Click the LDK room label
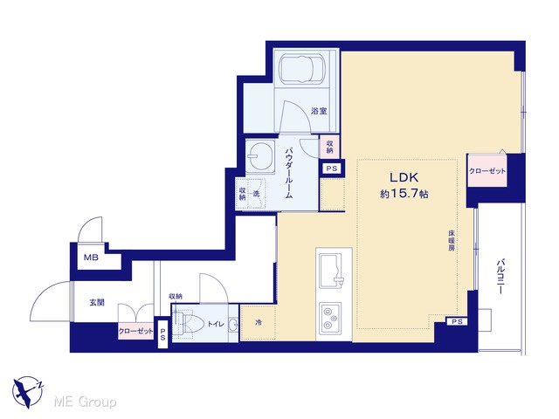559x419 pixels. (404, 177)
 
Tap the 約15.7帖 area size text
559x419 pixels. (404, 194)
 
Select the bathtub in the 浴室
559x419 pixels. (302, 68)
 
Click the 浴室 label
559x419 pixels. (319, 111)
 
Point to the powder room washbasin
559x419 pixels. (260, 155)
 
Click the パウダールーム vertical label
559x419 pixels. (288, 173)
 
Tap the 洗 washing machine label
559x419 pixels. (256, 194)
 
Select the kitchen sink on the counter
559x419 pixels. (331, 271)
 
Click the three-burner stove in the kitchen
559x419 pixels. (330, 318)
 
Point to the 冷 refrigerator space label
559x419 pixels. (259, 322)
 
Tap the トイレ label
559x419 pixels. (216, 324)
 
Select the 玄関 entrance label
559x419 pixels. (97, 303)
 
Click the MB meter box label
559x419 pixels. (91, 257)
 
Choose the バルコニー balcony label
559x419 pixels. (500, 277)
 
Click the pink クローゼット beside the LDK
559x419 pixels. (487, 170)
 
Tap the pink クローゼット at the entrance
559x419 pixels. (136, 331)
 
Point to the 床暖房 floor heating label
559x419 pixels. (452, 241)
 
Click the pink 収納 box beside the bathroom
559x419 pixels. (329, 146)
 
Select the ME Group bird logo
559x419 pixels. (28, 392)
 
